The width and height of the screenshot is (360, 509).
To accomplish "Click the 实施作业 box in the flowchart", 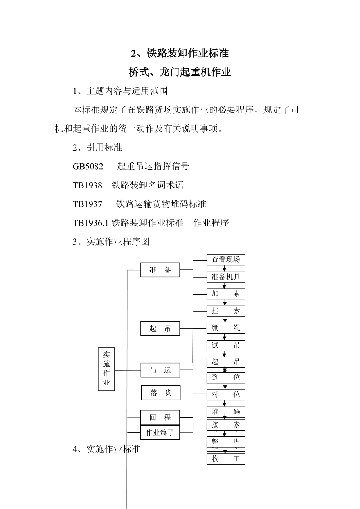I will coord(106,369).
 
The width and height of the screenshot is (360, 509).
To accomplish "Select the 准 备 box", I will coord(160,270).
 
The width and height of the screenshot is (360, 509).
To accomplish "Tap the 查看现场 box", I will coord(226,260).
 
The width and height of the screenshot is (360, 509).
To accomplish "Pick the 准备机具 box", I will coord(226,277).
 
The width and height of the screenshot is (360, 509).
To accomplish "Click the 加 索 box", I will coord(226,294).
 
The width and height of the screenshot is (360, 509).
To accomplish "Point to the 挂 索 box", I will coord(226,311).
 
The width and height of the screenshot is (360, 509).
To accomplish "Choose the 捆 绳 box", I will coord(226,328).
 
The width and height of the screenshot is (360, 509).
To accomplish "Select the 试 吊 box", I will coord(226,345).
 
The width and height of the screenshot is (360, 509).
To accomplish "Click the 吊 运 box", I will coord(160,370).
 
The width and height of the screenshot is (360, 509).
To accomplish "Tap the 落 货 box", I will coord(160,393).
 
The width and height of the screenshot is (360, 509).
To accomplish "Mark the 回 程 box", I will coord(160,418).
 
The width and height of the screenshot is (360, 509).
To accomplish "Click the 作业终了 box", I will coord(160,433).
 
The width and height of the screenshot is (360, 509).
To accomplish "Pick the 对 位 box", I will coord(226,394).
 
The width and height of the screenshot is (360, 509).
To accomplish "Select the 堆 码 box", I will coord(226,412).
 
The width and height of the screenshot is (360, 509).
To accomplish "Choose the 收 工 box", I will coord(226,459).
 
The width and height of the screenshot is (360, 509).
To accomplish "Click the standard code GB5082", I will coord(88,167).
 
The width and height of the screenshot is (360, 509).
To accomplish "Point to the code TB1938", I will coord(87,185).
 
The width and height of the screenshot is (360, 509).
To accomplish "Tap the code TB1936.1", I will coord(91,223).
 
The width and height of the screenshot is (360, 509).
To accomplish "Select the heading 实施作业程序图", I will coord(118,242).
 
